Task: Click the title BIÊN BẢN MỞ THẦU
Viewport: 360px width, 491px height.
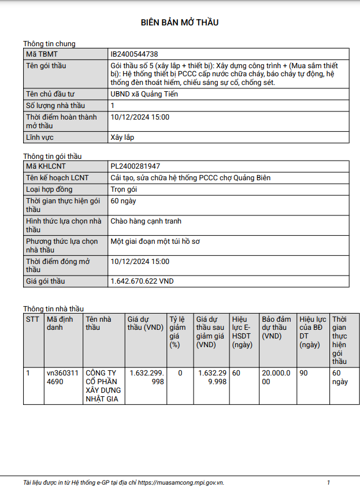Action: coord(180,23)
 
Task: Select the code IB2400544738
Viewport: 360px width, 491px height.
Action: coord(134,54)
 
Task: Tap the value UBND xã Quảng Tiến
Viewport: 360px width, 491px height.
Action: coord(144,94)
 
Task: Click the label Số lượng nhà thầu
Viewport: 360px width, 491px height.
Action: coord(55,106)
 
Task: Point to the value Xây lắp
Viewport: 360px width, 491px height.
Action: coord(122,138)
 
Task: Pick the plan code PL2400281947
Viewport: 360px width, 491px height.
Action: coord(135,166)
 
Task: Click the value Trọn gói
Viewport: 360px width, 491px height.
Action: coord(124,189)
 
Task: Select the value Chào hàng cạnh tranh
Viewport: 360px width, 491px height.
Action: coord(146,221)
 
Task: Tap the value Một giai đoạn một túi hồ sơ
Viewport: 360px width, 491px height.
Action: coord(155,241)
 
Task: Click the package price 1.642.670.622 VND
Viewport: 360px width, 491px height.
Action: coord(142,281)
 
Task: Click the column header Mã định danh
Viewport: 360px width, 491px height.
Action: coord(60,323)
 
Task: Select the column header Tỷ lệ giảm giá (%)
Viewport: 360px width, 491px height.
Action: coord(179,332)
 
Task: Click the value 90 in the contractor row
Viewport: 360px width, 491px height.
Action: coord(303,373)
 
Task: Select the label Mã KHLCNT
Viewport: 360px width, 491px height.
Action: coord(46,166)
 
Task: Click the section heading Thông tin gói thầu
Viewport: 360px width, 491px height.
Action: coord(53,156)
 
